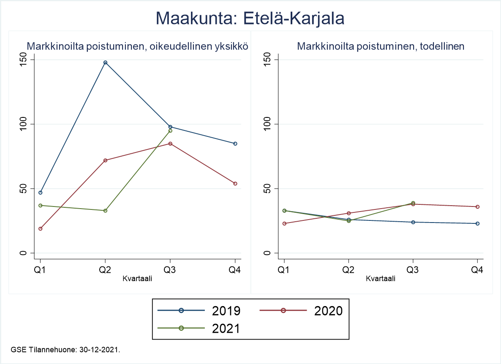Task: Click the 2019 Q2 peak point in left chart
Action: coord(105,62)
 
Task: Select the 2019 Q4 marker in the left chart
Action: coord(235,144)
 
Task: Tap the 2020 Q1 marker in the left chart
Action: coord(41,228)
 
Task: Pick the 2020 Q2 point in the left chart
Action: coord(105,160)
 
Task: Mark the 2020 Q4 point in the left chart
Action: coord(235,183)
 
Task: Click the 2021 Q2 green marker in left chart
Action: coord(105,210)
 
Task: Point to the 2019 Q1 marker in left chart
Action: coord(41,193)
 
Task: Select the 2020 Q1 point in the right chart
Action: coord(284,223)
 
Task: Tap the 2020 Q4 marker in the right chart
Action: coord(478,206)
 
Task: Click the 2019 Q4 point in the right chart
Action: coord(478,223)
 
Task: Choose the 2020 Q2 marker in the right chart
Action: coord(349,213)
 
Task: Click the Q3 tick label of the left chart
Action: coord(170,270)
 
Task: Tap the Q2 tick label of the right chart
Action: coord(349,270)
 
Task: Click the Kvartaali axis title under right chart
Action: coord(381,279)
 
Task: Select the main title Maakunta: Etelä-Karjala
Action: coord(250,19)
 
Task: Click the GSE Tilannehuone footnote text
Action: coord(65,350)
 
